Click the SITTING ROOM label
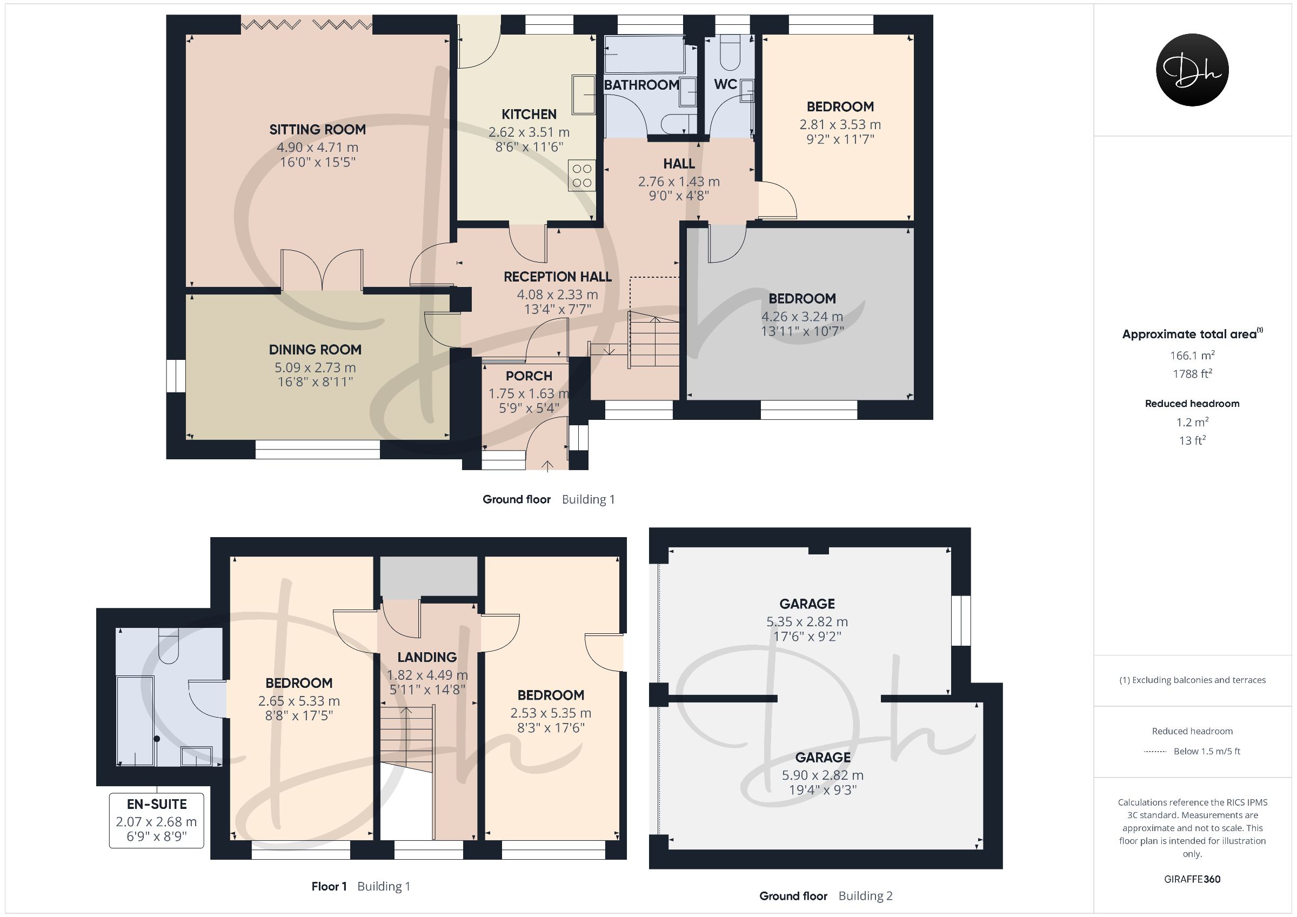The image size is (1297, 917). coord(317,129)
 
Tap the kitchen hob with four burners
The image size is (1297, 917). coord(582,175)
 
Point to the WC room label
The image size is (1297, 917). coord(725,84)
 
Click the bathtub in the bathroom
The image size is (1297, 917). coord(645,55)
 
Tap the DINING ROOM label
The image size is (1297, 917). coord(315,350)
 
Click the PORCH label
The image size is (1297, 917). coord(529,376)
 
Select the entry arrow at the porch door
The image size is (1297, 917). coord(547,465)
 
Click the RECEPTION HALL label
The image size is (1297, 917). coord(558,277)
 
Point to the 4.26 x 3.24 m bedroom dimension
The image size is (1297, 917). coord(802,317)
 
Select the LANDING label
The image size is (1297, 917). coord(427,657)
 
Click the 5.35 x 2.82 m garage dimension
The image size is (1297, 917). coord(807,621)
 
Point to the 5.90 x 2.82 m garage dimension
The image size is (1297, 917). coord(823,775)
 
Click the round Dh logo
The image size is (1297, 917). coord(1193,70)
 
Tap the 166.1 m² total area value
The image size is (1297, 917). coord(1192,355)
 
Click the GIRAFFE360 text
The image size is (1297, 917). coord(1192,879)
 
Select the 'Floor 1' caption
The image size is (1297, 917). coord(329,887)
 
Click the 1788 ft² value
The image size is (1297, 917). coord(1192,373)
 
